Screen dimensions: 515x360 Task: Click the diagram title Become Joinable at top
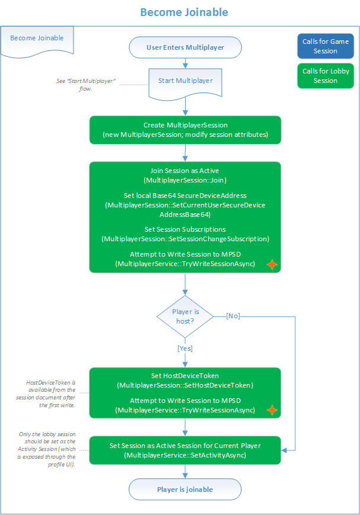[x=184, y=12]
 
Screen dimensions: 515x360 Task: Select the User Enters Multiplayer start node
[x=185, y=47]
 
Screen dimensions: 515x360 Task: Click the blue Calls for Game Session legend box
[x=325, y=46]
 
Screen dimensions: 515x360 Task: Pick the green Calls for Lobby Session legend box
[x=325, y=76]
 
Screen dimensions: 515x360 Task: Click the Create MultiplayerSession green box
[x=185, y=130]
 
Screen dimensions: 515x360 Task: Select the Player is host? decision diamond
[x=186, y=316]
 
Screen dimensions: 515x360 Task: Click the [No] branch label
[x=233, y=316]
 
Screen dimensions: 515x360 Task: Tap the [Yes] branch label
[x=186, y=348]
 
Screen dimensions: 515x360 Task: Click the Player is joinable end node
[x=185, y=490]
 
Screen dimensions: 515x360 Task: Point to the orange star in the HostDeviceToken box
[x=271, y=410]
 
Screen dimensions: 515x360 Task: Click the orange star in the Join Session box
[x=271, y=264]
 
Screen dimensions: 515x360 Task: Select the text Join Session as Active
[x=185, y=171]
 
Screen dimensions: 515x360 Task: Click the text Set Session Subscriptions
[x=185, y=229]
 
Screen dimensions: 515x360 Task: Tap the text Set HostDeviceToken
[x=185, y=376]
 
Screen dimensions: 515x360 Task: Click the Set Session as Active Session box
[x=185, y=450]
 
